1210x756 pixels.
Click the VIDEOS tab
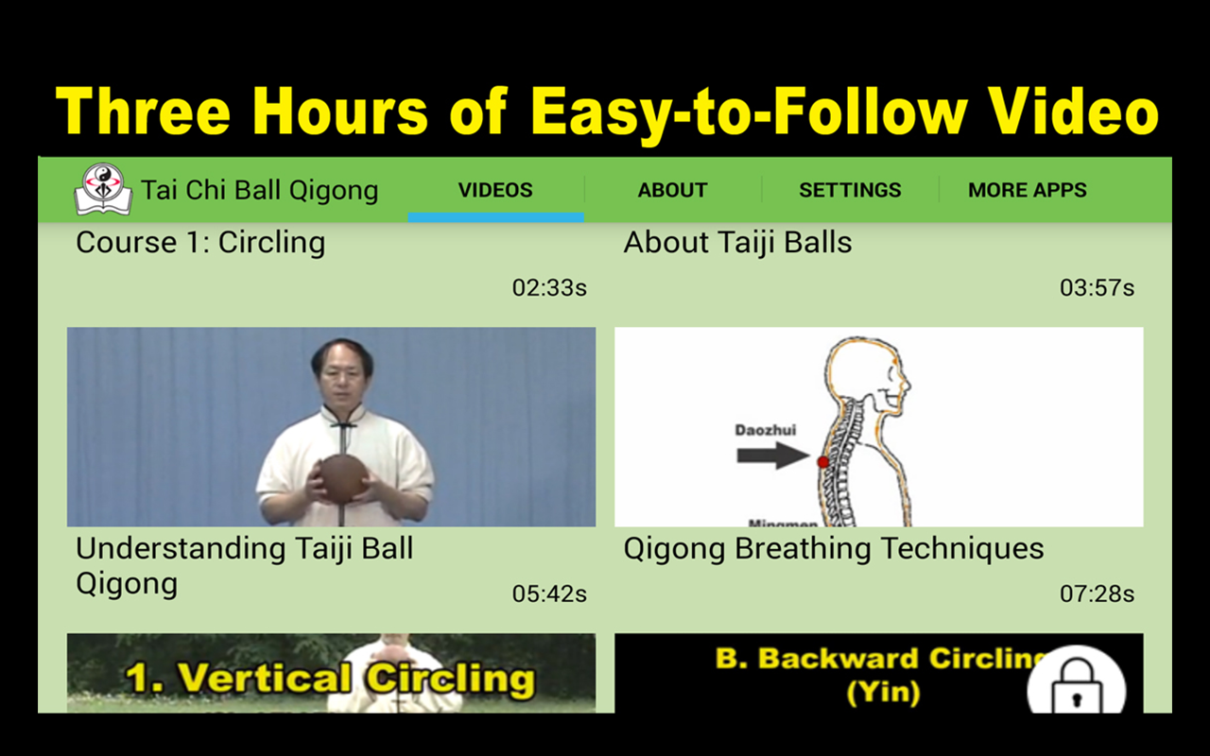(495, 190)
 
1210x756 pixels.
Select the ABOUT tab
(672, 190)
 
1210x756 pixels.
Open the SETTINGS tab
(850, 190)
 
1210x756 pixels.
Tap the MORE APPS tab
(1028, 190)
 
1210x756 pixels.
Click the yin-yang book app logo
(103, 190)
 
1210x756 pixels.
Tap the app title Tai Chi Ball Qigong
(260, 190)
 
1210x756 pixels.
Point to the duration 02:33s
(549, 288)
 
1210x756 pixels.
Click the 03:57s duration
(1098, 288)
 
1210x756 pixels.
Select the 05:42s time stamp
(549, 594)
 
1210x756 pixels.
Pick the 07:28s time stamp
(1098, 594)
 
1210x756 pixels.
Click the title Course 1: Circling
(200, 243)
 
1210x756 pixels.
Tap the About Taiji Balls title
(738, 243)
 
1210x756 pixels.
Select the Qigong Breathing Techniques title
(834, 550)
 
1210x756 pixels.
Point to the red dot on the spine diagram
(822, 462)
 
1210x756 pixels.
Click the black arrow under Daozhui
(773, 455)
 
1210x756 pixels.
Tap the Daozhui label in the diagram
(766, 430)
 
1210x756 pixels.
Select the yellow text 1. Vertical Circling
(330, 679)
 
